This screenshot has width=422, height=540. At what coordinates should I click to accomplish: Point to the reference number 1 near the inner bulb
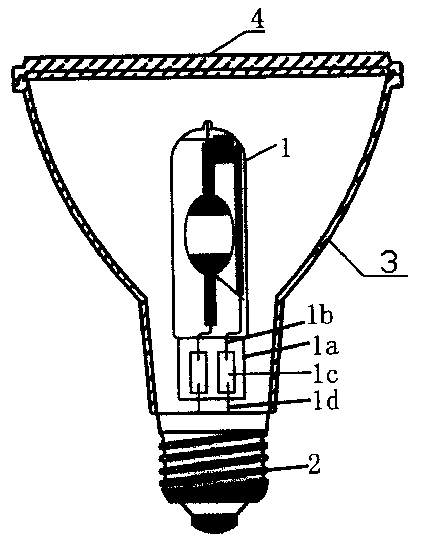[285, 147]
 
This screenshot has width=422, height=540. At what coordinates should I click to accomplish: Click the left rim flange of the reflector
[20, 80]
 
